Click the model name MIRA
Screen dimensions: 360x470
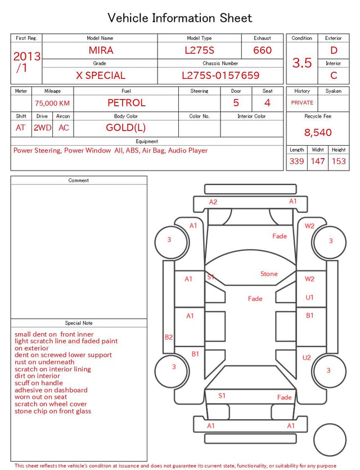coord(101,50)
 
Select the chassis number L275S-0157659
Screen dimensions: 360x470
coord(220,75)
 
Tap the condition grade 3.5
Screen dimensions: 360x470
coord(302,62)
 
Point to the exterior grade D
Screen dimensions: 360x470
coord(334,50)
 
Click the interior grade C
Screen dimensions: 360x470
coord(334,75)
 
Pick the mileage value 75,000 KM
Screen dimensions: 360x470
coord(52,104)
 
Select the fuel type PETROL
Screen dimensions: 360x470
coord(127,103)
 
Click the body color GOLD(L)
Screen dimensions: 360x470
coord(126,128)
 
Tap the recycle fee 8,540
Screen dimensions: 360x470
coord(318,132)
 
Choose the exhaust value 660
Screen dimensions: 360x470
coord(262,50)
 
